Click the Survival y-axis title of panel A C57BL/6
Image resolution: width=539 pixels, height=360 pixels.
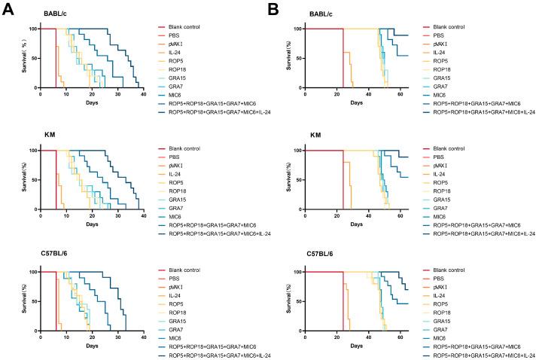(x=17, y=301)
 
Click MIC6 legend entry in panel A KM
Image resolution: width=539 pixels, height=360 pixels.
(x=175, y=216)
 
